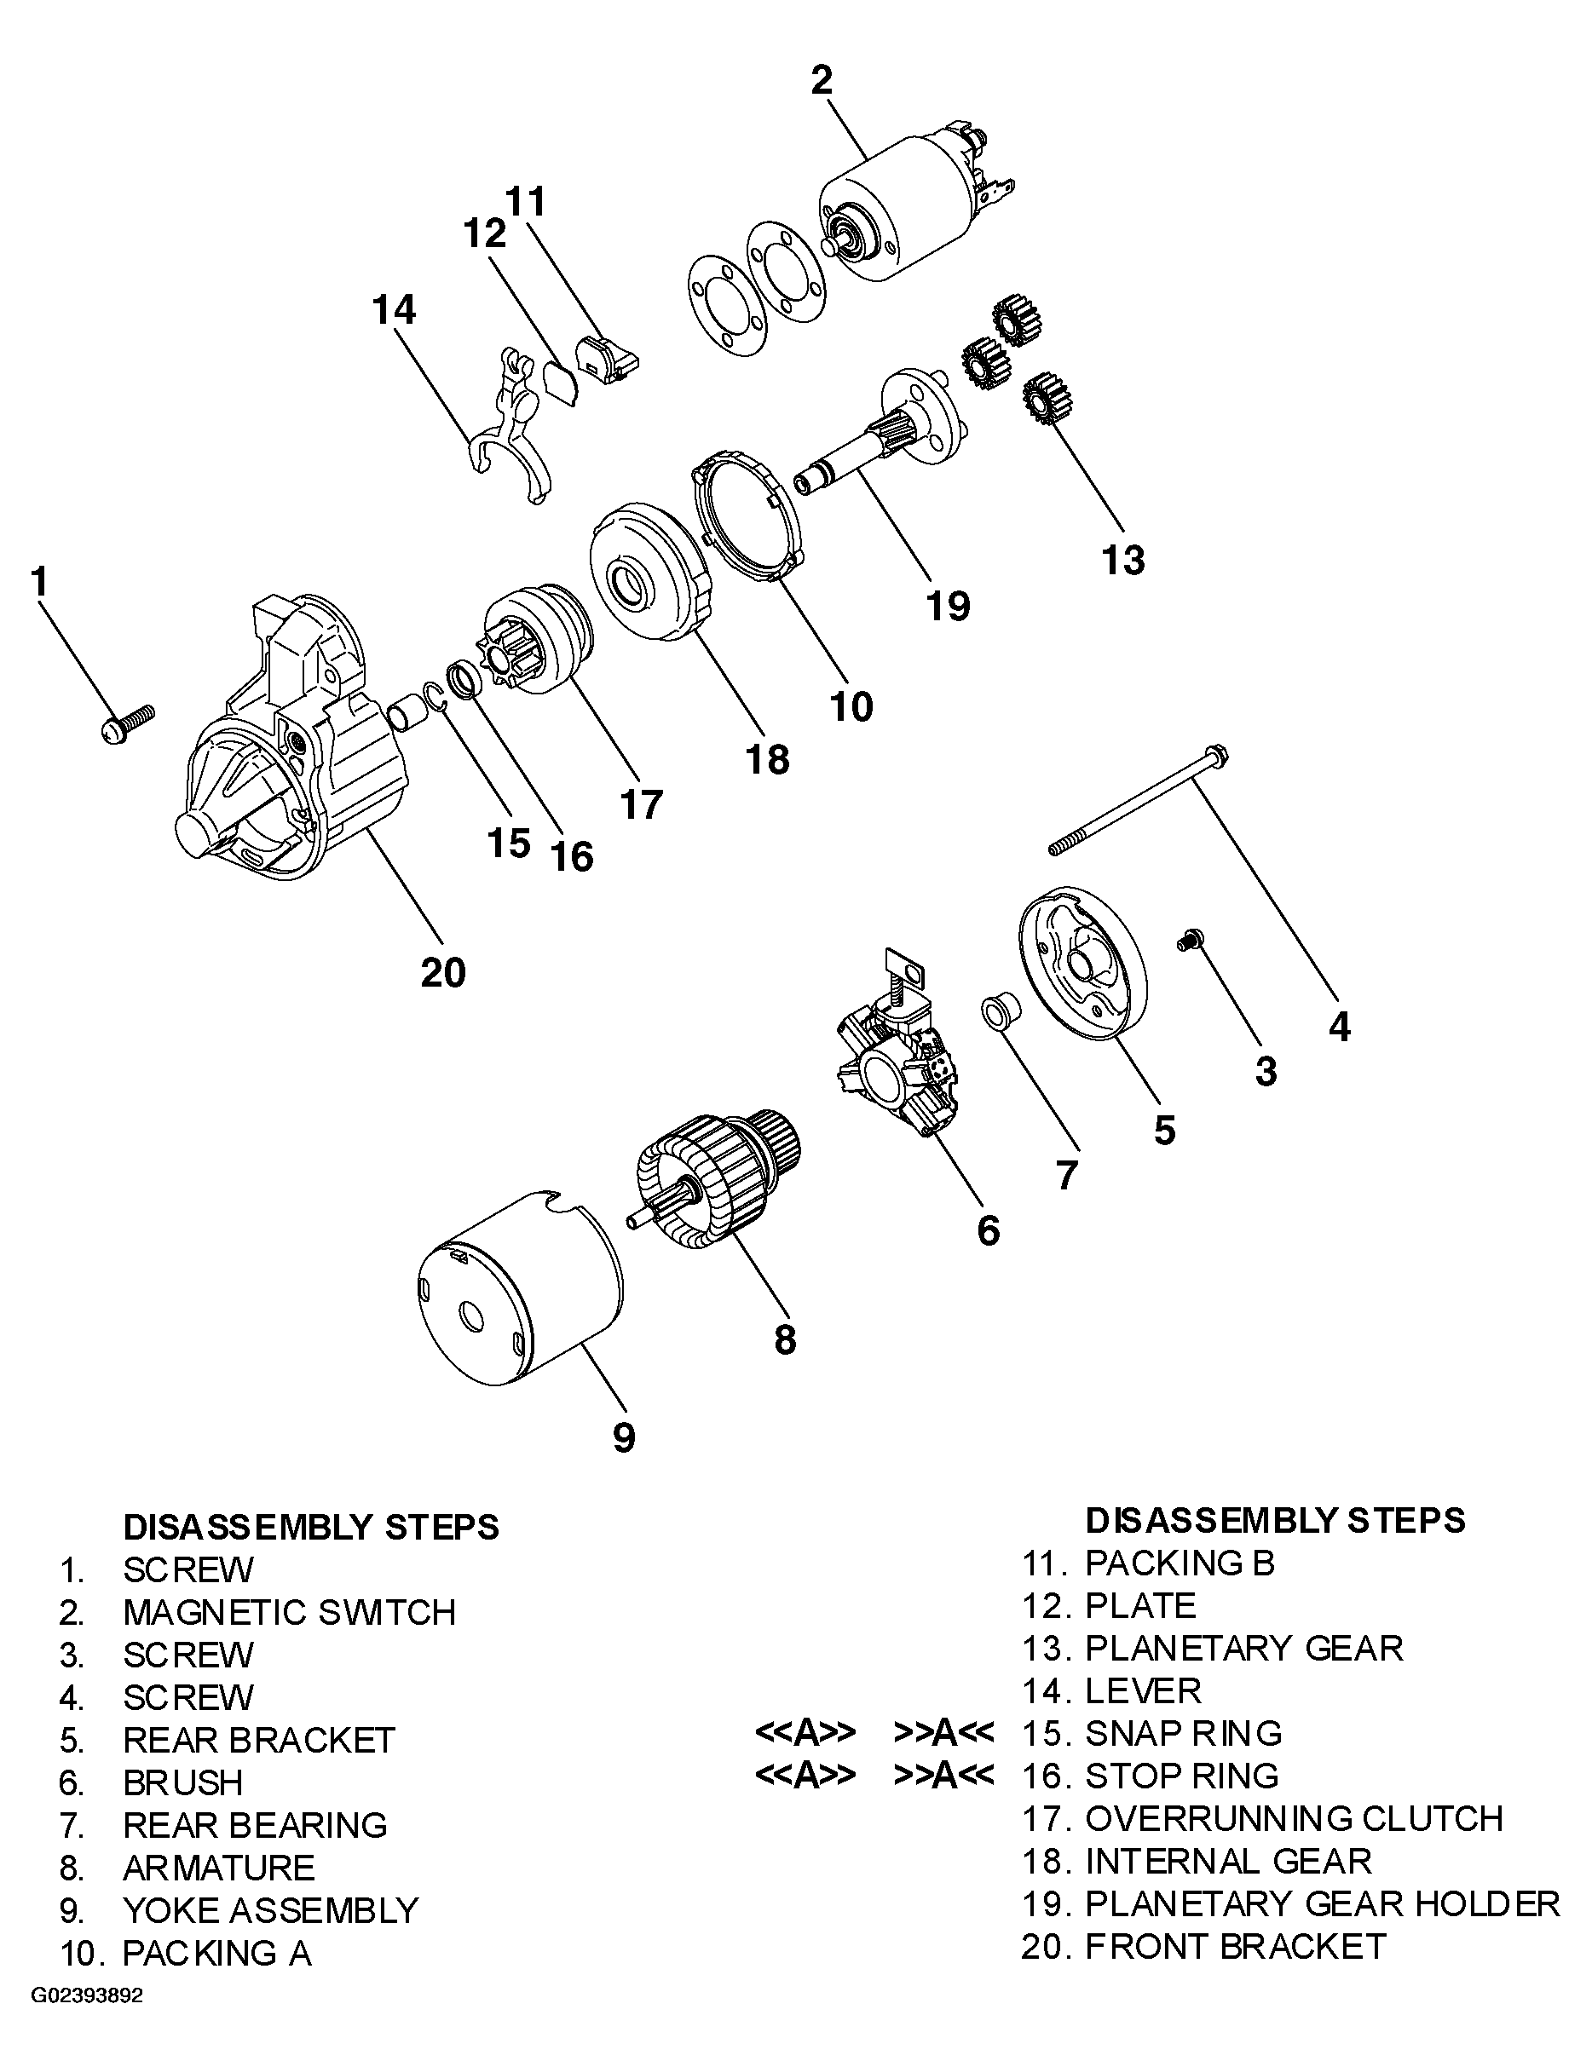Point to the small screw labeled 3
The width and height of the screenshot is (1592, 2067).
[1190, 940]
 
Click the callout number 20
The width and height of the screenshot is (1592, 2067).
[443, 972]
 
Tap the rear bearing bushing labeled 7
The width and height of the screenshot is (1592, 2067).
[1000, 1011]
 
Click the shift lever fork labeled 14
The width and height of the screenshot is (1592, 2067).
[511, 426]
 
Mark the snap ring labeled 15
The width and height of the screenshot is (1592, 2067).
[434, 697]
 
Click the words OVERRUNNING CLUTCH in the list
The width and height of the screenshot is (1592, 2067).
[1293, 1818]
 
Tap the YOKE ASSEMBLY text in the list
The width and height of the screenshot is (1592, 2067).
[270, 1910]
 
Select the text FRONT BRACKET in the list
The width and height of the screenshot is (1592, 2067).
[1234, 1946]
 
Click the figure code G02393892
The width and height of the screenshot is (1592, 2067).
[87, 2023]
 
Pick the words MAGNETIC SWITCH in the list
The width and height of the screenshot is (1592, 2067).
[289, 1612]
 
